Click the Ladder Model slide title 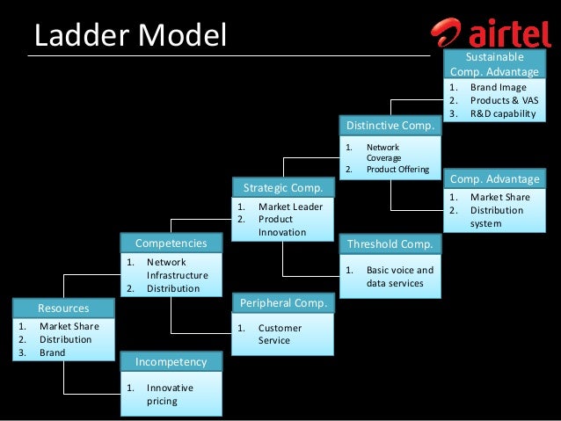click(x=129, y=35)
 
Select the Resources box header click(x=63, y=308)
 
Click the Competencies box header click(x=171, y=243)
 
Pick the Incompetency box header click(x=171, y=362)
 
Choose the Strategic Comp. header click(x=282, y=188)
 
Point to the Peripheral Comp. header click(x=282, y=304)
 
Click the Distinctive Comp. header click(x=390, y=126)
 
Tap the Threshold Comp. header click(x=390, y=244)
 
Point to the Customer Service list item click(x=280, y=334)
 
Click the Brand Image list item click(x=498, y=88)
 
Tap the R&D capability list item click(x=502, y=113)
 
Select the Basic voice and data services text click(x=399, y=277)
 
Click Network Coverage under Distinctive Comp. click(x=382, y=152)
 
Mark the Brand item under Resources click(x=52, y=352)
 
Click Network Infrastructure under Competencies click(x=177, y=269)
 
